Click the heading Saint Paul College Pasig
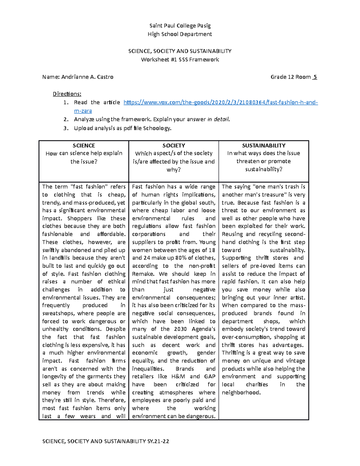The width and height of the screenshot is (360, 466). tap(180, 26)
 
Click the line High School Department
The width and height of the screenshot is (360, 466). tap(180, 34)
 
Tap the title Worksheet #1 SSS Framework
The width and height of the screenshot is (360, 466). tap(180, 59)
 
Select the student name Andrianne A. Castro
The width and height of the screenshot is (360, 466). tap(87, 77)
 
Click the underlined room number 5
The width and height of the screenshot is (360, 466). tap(315, 77)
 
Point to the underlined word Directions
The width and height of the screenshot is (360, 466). tap(67, 94)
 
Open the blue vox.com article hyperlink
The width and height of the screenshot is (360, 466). tap(220, 103)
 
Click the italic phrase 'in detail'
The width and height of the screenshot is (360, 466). tap(218, 119)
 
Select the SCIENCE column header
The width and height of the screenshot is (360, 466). tap(84, 146)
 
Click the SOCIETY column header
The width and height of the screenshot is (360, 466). tap(174, 146)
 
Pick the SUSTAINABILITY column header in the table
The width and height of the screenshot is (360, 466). tap(264, 146)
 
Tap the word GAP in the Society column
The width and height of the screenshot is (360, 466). tap(210, 377)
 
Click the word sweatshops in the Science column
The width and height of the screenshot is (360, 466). tap(58, 314)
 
